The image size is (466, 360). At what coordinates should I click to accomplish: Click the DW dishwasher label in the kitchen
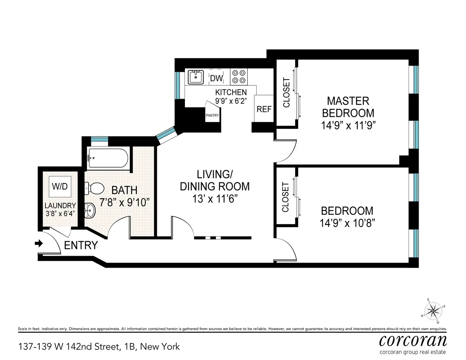(x=216, y=78)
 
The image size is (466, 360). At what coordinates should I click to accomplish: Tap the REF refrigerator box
(x=264, y=109)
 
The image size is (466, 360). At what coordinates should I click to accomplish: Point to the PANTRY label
(x=212, y=115)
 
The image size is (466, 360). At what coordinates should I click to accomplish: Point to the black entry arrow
(x=39, y=244)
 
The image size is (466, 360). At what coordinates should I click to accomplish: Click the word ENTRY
(x=81, y=246)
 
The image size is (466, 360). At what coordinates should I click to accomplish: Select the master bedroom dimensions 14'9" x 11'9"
(x=348, y=125)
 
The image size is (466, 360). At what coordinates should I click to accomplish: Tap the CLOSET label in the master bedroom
(x=286, y=93)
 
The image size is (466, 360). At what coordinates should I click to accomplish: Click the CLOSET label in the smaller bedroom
(x=285, y=197)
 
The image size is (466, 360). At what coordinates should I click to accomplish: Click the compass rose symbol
(x=434, y=310)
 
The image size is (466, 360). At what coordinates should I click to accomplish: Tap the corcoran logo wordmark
(x=412, y=340)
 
